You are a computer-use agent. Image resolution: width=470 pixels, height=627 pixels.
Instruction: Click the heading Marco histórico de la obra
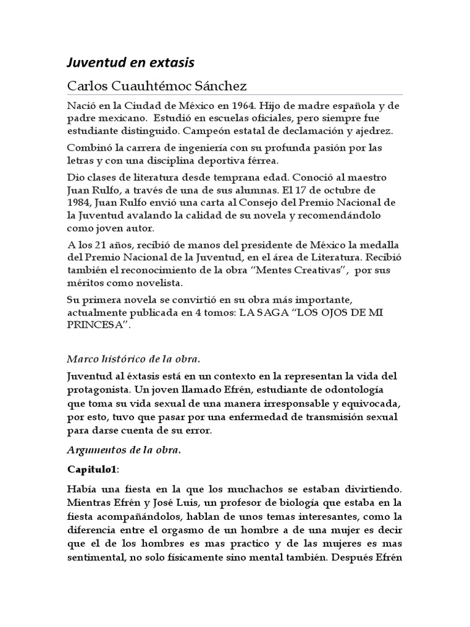pos(133,358)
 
